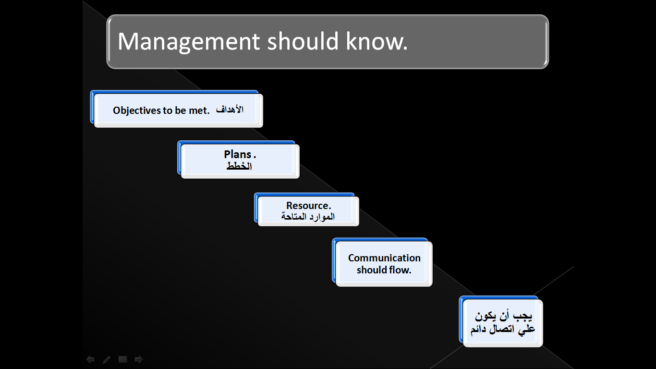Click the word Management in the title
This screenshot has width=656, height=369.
(189, 42)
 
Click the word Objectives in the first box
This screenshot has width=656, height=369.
(137, 111)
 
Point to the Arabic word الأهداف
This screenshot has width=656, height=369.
(230, 110)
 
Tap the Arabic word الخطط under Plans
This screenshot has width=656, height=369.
(239, 166)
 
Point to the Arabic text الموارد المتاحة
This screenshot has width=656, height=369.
(308, 217)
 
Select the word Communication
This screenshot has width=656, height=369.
(384, 258)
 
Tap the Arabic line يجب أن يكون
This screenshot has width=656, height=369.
(503, 316)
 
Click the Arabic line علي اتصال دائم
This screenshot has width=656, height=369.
(502, 329)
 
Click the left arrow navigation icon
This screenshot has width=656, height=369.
(90, 359)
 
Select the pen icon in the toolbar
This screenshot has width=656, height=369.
(107, 359)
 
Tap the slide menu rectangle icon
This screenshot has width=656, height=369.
(123, 359)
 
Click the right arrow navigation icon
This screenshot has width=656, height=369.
(139, 359)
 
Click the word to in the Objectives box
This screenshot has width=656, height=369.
(168, 111)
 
